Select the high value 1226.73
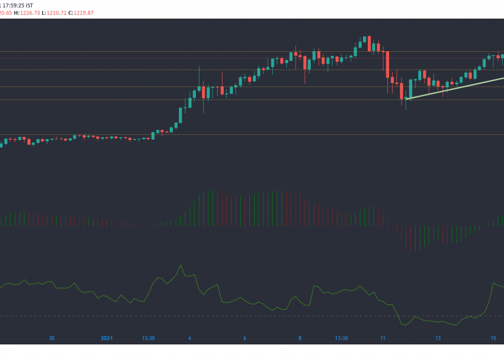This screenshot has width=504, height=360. coord(29,13)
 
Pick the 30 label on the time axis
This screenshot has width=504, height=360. coord(51,338)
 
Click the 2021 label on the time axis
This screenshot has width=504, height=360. coord(107,338)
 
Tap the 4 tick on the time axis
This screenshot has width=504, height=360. coord(190,338)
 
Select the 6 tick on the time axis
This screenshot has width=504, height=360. coord(244,338)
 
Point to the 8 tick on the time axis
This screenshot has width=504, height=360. coord(300,338)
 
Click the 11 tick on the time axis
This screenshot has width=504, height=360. coord(383,338)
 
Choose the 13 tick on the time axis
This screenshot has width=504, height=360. coord(438,338)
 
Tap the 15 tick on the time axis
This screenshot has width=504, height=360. coord(493,338)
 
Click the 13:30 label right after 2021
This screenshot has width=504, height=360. coord(148,338)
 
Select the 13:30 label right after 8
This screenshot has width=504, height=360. coord(341,338)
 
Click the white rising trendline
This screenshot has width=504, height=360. coord(455,87)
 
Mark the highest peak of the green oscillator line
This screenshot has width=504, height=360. coord(180,265)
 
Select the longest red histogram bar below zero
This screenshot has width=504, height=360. coord(411,239)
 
